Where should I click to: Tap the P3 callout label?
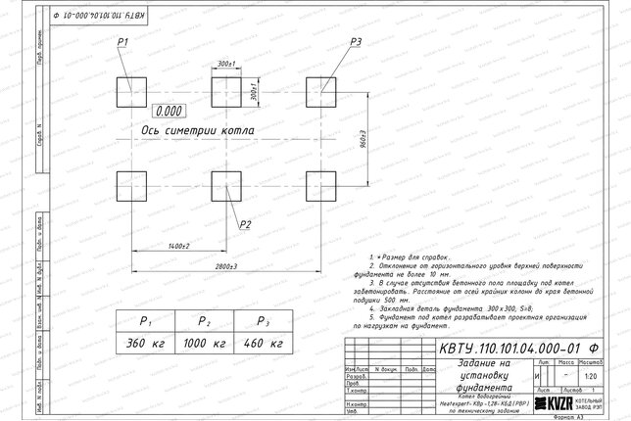(x=355, y=41)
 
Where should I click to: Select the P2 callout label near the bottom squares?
(x=245, y=224)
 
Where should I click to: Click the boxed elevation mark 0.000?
(x=170, y=112)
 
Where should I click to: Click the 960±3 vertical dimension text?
(x=364, y=139)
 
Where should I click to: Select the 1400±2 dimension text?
(x=178, y=244)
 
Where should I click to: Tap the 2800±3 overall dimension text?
(x=226, y=266)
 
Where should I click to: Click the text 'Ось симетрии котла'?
(x=198, y=129)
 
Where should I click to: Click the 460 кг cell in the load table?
(x=262, y=344)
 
